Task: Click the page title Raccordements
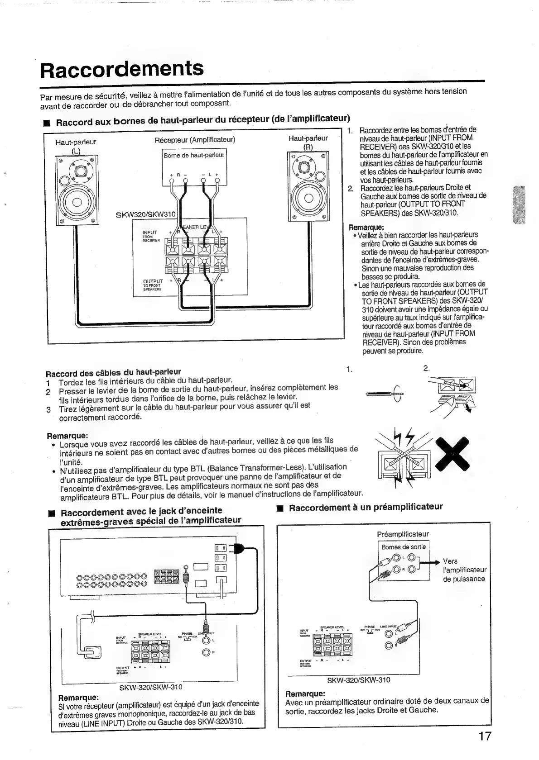point(122,69)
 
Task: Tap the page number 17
point(484,736)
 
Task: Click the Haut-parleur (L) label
point(76,146)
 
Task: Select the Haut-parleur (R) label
point(308,142)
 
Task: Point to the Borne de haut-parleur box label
point(194,155)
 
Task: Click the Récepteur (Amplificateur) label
point(195,139)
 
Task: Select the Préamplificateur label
point(403,534)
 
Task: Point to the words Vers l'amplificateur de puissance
point(464,570)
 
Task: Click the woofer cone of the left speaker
point(76,201)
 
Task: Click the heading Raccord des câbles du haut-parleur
point(113,373)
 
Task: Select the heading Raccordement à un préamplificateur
point(366,507)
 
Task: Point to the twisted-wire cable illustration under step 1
point(385,395)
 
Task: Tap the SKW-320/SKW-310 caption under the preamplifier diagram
point(358,680)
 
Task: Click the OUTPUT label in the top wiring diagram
point(152,281)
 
